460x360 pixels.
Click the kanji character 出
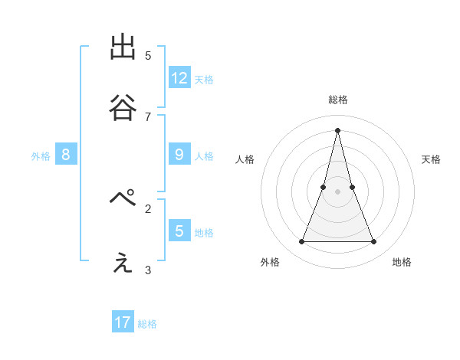pyautogui.click(x=123, y=48)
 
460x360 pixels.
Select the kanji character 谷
pyautogui.click(x=123, y=109)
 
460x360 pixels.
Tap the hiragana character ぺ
pyautogui.click(x=123, y=201)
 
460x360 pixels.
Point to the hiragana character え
pyautogui.click(x=123, y=263)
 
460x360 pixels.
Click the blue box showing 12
pyautogui.click(x=179, y=77)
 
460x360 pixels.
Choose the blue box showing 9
pyautogui.click(x=179, y=155)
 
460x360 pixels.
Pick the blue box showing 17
pyautogui.click(x=123, y=322)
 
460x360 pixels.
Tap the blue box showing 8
pyautogui.click(x=66, y=155)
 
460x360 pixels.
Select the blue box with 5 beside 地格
pyautogui.click(x=179, y=231)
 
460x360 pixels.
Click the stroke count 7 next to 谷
pyautogui.click(x=148, y=116)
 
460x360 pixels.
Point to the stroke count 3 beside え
pyautogui.click(x=148, y=270)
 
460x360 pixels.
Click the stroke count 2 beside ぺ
pyautogui.click(x=148, y=208)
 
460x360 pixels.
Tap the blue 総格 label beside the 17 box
pyautogui.click(x=147, y=324)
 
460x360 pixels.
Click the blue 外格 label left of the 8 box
pyautogui.click(x=41, y=156)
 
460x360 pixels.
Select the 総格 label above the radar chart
pyautogui.click(x=337, y=100)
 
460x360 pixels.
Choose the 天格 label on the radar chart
pyautogui.click(x=431, y=159)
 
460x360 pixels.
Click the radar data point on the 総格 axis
pyautogui.click(x=337, y=130)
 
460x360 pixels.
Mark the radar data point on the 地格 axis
pyautogui.click(x=373, y=242)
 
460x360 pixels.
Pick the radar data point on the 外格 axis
pyautogui.click(x=301, y=242)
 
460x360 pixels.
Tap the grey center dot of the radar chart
pyautogui.click(x=337, y=191)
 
